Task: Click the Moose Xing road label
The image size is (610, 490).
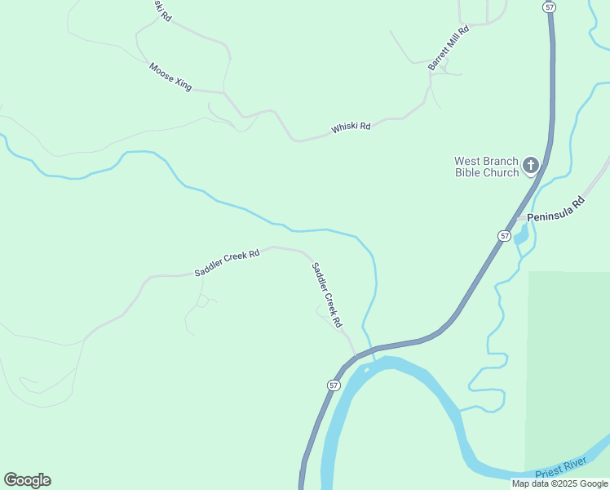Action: pyautogui.click(x=170, y=76)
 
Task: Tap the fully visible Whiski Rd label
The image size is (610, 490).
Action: pyautogui.click(x=351, y=127)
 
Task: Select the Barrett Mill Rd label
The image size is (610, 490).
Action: pyautogui.click(x=449, y=48)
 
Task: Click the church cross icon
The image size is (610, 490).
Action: pyautogui.click(x=530, y=167)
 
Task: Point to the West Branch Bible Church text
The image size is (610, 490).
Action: pyautogui.click(x=487, y=167)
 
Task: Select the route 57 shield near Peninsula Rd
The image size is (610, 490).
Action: pyautogui.click(x=505, y=235)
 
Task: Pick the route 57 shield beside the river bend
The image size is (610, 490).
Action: pyautogui.click(x=334, y=385)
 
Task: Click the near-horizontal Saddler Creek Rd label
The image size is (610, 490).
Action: pyautogui.click(x=227, y=263)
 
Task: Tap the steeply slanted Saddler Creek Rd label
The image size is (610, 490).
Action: pyautogui.click(x=326, y=295)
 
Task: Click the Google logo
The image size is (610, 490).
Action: pyautogui.click(x=27, y=480)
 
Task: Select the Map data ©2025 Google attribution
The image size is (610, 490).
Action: pyautogui.click(x=559, y=483)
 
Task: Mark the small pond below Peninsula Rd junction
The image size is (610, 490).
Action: pyautogui.click(x=520, y=238)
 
